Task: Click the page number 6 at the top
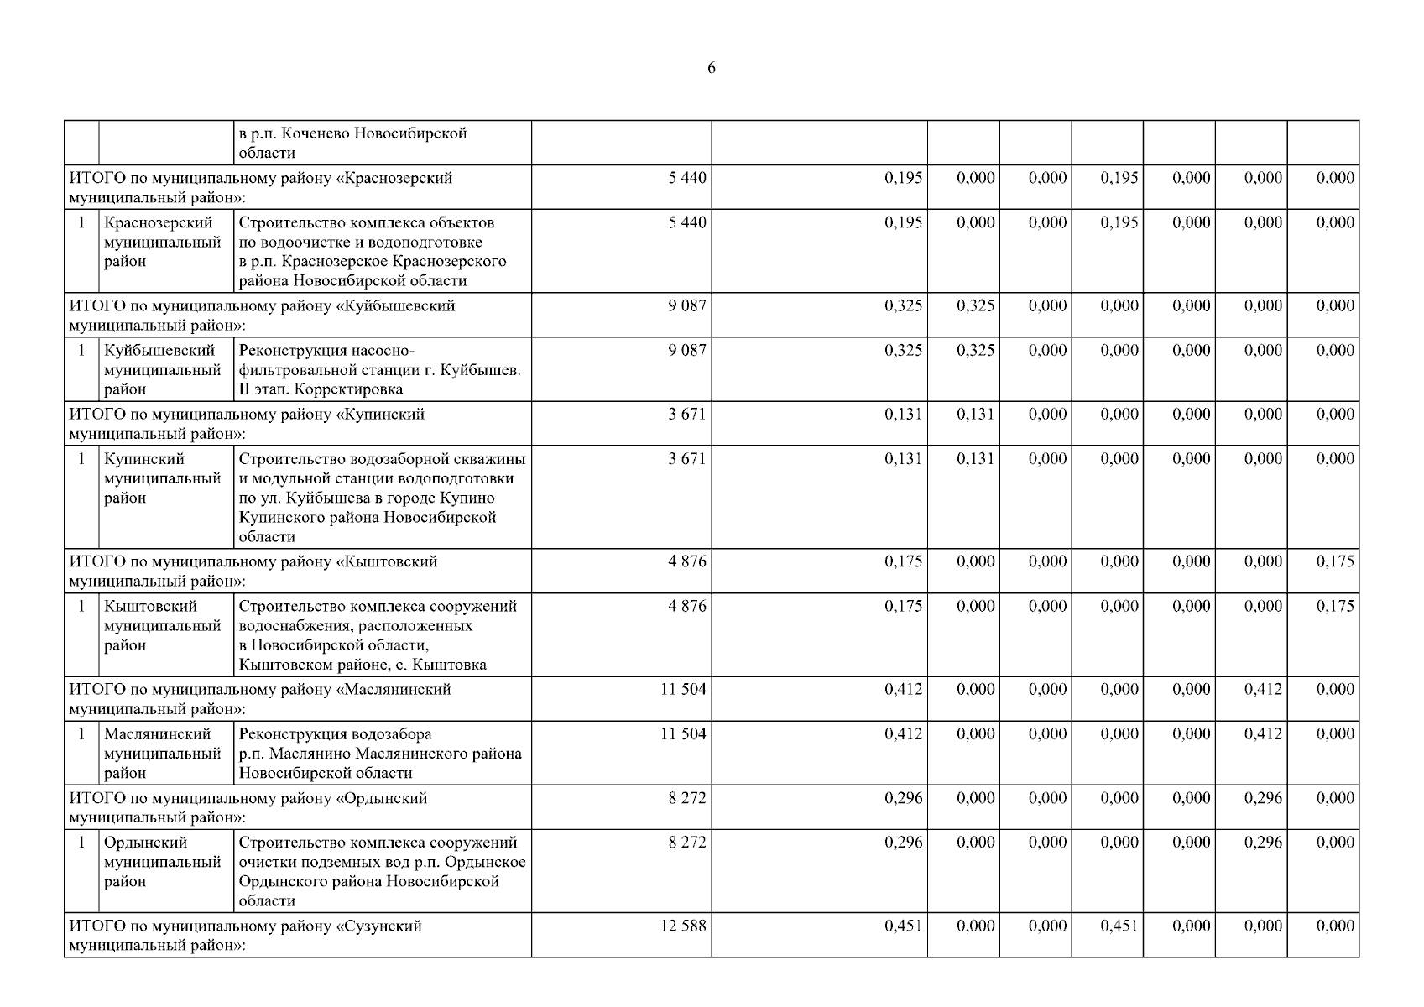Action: (712, 69)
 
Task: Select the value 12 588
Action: (683, 926)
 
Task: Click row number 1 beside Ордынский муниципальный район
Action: (81, 843)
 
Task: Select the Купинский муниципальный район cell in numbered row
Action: (163, 478)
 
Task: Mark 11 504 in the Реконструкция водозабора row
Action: (683, 734)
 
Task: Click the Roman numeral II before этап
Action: (245, 389)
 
